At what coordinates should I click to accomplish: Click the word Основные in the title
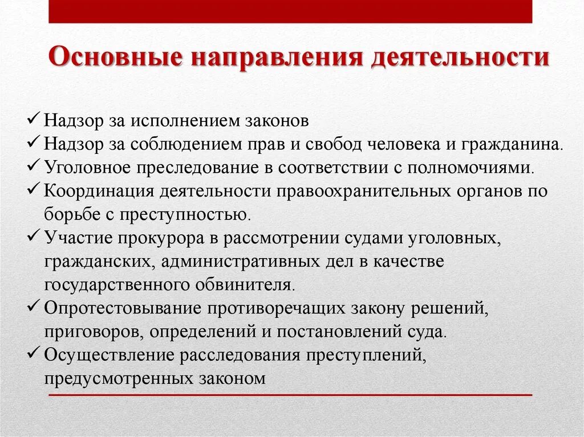tap(116, 59)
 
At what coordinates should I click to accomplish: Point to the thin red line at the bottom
tap(290, 394)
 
